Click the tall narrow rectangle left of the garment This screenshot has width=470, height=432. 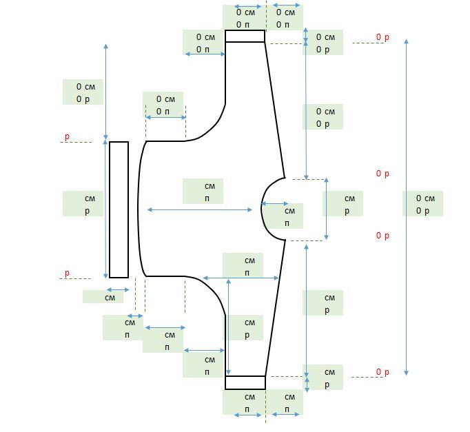coord(119,209)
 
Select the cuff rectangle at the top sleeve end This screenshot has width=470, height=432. coord(245,36)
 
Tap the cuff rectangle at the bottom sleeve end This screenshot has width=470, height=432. coord(245,382)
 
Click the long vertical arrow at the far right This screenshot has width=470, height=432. coord(407,207)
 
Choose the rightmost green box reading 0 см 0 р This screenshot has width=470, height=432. coord(422,204)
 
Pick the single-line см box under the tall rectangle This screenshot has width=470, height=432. coord(103,297)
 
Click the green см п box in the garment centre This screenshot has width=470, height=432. coord(203,191)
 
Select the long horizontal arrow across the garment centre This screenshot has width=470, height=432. coord(200,209)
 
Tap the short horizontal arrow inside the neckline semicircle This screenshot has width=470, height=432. coord(275,203)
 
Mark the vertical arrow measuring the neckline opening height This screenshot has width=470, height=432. coord(327,209)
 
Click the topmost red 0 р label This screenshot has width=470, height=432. coord(382,37)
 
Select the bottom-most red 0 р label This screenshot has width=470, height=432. coord(382,372)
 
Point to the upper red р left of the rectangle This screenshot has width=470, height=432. coord(67,137)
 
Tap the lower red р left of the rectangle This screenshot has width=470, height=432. coord(67,274)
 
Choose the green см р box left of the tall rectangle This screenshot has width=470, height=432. coord(83,204)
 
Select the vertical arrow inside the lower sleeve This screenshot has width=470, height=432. coord(228,327)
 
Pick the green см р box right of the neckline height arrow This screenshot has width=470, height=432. coord(343,204)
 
